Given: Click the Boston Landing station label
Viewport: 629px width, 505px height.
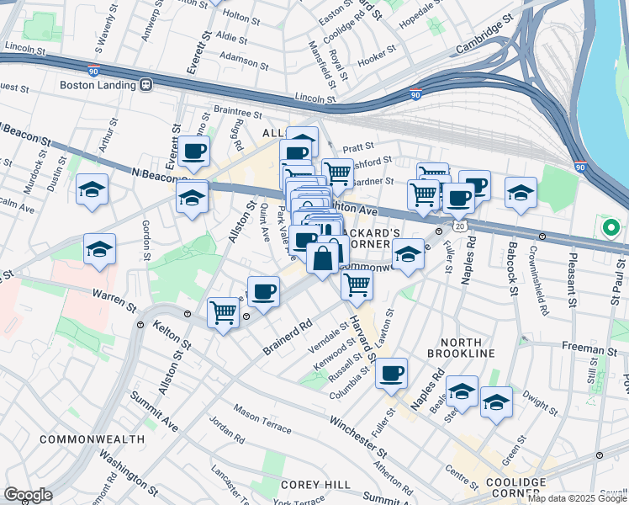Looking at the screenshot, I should coord(98,85).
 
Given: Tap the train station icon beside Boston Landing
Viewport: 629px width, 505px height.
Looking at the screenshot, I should coord(145,85).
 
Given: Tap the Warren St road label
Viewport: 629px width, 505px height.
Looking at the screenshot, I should coord(115,297).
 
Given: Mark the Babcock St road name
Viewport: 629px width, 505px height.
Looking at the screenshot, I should coord(512,268).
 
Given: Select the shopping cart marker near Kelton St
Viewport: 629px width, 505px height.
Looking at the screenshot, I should coord(223,313).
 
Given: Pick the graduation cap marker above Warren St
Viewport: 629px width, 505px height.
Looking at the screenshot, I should coord(99,250).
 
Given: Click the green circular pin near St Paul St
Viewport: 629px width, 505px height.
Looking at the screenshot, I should coord(610,226).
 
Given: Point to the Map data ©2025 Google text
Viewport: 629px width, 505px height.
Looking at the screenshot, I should coord(576,498).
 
